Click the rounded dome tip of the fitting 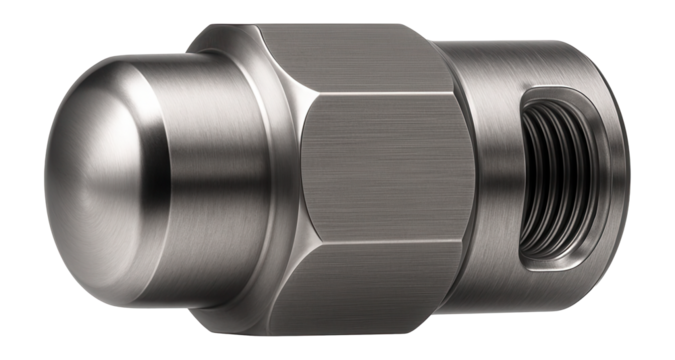75,170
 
